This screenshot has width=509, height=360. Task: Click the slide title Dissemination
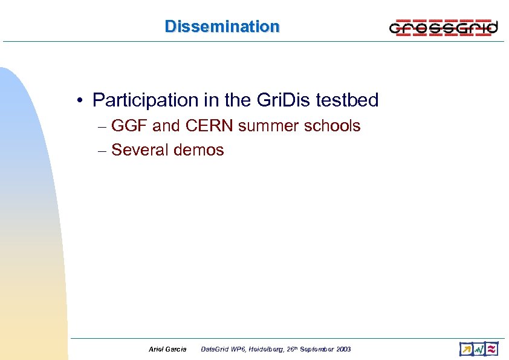[222, 27]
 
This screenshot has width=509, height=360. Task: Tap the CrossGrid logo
[443, 27]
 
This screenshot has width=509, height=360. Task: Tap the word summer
[264, 126]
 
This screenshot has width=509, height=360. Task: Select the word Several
[140, 150]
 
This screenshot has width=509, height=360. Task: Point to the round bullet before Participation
[80, 100]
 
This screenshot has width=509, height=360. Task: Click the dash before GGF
[102, 127]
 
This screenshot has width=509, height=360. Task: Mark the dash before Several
[102, 151]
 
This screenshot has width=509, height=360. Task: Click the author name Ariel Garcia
[167, 350]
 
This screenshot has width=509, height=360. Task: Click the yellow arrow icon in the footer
[465, 349]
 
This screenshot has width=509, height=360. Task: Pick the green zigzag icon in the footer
[479, 349]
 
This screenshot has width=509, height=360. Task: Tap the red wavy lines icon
[492, 349]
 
